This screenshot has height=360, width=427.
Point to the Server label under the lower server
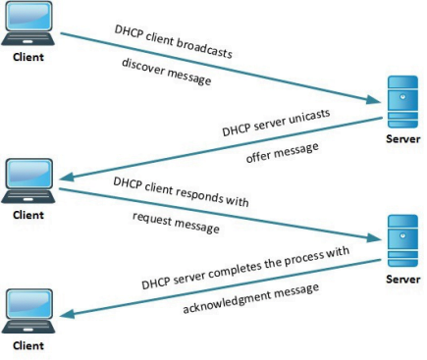point(402,279)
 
